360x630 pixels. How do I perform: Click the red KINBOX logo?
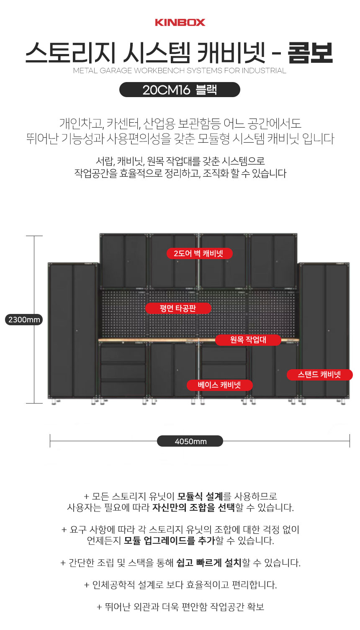pos(180,22)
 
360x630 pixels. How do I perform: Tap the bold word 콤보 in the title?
pos(310,54)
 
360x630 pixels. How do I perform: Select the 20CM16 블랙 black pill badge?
pos(180,90)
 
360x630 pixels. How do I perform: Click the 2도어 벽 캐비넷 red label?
pos(199,253)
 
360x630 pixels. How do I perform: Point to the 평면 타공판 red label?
pos(178,309)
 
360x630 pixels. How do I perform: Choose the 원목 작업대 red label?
pos(248,339)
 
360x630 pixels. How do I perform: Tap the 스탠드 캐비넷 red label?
pos(319,375)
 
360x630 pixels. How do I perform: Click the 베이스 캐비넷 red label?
pos(219,385)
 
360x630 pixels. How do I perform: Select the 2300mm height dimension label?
pos(24,320)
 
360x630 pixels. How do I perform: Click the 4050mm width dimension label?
pos(190,441)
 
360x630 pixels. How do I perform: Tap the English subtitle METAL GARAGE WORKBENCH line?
pos(180,71)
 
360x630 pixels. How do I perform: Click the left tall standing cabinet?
pos(73,331)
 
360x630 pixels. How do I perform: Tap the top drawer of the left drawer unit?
pos(123,354)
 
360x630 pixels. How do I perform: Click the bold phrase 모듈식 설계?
pos(200,496)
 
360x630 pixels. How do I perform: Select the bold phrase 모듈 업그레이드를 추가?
pos(169,540)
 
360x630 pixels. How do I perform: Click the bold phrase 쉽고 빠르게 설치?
pos(209,563)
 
